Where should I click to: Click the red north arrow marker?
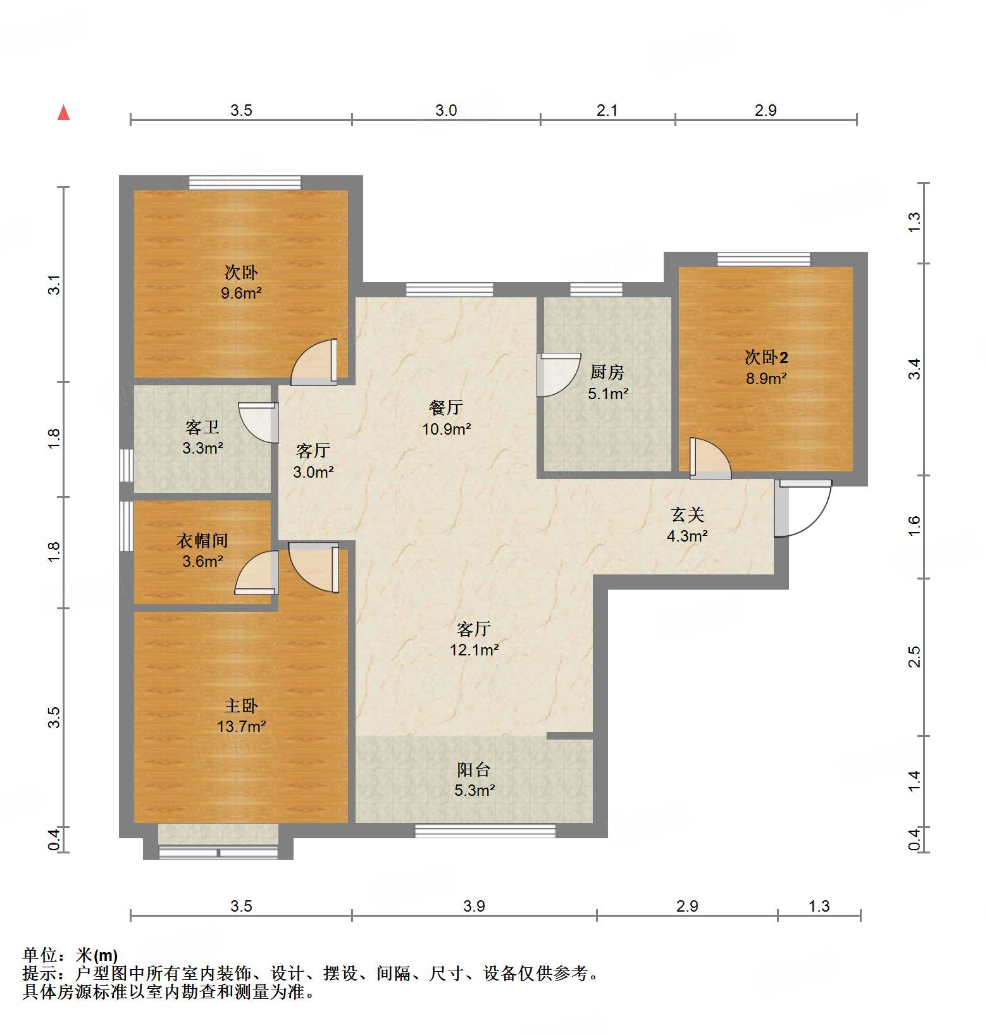pos(63,113)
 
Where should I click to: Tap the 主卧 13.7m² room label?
pos(241,716)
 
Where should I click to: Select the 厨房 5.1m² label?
pos(607,383)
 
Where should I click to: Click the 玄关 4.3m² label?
pos(687,525)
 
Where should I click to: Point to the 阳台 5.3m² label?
pos(474,779)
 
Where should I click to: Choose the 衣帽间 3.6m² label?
pos(202,550)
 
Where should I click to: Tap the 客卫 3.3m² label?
pos(202,438)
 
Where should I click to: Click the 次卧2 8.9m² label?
pos(766,368)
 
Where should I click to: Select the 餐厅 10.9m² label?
pos(446,418)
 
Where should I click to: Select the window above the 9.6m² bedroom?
pos(245,182)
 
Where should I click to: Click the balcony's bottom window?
pos(485,831)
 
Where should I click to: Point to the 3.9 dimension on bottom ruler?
pos(474,906)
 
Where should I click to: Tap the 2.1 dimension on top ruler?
pos(607,111)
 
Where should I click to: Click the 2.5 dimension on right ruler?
pos(914,657)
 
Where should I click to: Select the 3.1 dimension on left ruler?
pos(55,284)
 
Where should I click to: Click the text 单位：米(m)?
pos(70,955)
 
